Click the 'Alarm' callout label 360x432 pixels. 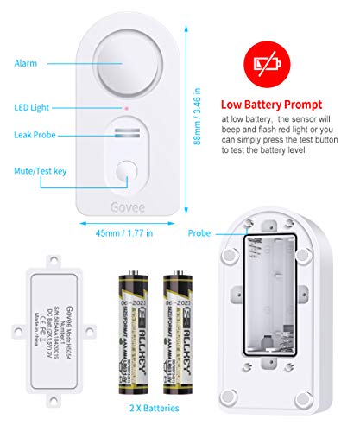coord(26,62)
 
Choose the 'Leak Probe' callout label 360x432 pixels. coord(34,136)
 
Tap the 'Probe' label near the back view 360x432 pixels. coord(200,232)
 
